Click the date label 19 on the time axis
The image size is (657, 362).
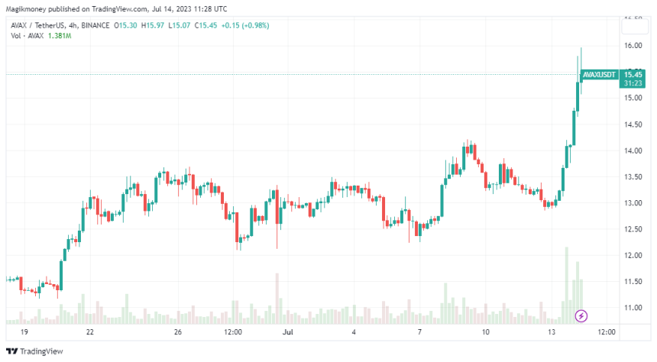click(x=24, y=332)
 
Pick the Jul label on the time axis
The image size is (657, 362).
click(x=288, y=332)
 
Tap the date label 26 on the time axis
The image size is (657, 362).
click(x=177, y=332)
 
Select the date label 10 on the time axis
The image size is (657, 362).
click(x=486, y=332)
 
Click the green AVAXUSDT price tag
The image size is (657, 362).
click(x=598, y=75)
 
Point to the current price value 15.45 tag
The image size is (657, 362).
click(x=632, y=74)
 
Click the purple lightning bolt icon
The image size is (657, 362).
click(x=581, y=315)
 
